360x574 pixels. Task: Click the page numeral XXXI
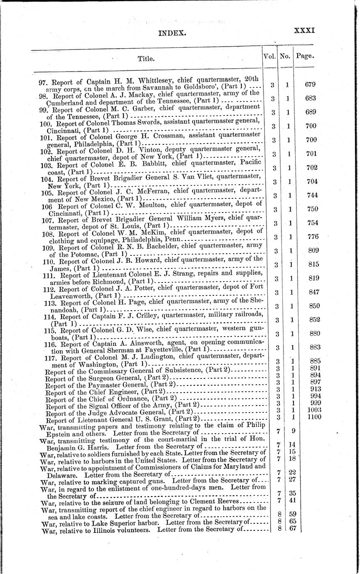click(305, 30)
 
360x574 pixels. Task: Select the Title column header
click(146, 59)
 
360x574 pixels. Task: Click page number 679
click(311, 84)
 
